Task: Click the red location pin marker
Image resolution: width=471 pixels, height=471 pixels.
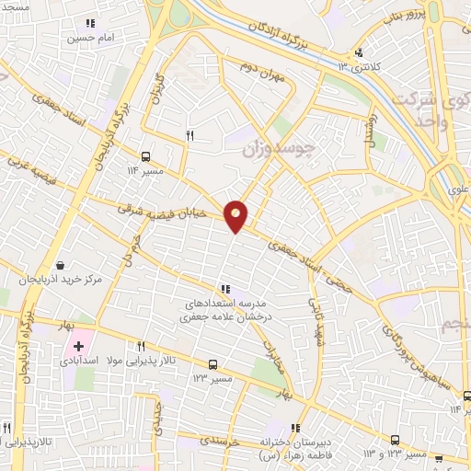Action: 236,216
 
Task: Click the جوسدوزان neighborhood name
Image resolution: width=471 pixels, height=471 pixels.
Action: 283,147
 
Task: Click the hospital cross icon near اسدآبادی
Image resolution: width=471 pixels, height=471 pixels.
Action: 78,348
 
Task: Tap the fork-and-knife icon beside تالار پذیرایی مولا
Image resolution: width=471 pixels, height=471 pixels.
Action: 141,347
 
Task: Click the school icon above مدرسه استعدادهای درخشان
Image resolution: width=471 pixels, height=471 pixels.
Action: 226,289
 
